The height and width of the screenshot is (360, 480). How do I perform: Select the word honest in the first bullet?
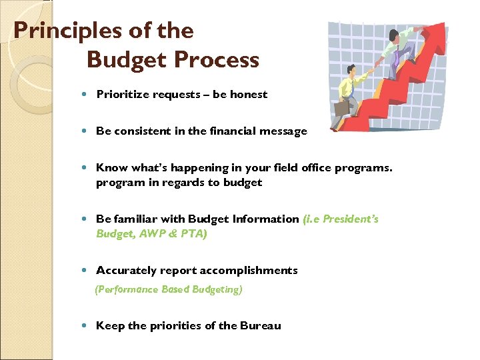pos(249,94)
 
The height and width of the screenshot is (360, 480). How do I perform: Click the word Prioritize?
pos(123,94)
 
